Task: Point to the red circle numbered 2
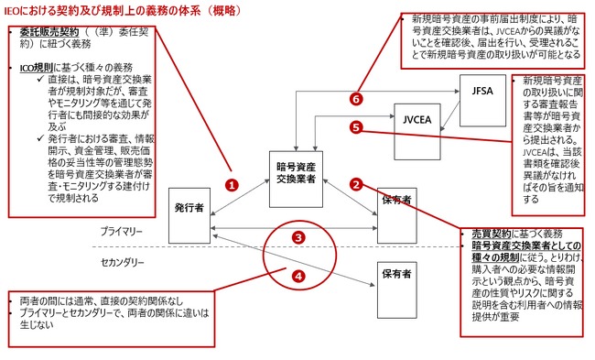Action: (357, 184)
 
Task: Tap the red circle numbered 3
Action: (297, 236)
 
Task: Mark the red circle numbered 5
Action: (357, 129)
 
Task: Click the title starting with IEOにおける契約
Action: (112, 8)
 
